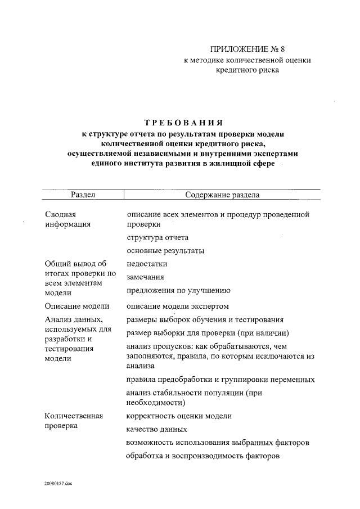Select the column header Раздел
pyautogui.click(x=82, y=195)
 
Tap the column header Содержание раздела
pyautogui.click(x=222, y=195)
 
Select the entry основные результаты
pyautogui.click(x=165, y=250)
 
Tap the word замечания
pyautogui.click(x=145, y=277)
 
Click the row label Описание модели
pyautogui.click(x=76, y=306)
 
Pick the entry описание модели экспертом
pyautogui.click(x=178, y=306)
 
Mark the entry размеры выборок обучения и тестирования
pyautogui.click(x=204, y=319)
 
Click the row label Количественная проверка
pyautogui.click(x=73, y=421)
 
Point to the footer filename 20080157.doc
pyautogui.click(x=60, y=483)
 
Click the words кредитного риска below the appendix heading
pyautogui.click(x=247, y=70)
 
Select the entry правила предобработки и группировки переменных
pyautogui.click(x=220, y=379)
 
